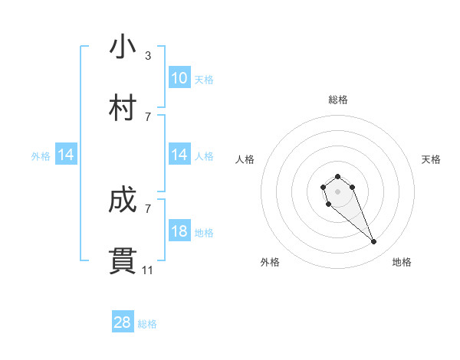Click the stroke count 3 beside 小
147,56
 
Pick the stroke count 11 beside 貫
148,270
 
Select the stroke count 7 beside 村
147,116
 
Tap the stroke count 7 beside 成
147,208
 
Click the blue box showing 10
179,78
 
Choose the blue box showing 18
179,231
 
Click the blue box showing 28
123,322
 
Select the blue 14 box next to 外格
66,155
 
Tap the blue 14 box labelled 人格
179,155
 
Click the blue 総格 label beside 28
147,324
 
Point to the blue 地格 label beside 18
204,233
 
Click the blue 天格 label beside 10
204,80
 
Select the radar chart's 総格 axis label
337,100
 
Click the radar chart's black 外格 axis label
270,262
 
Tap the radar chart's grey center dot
337,191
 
